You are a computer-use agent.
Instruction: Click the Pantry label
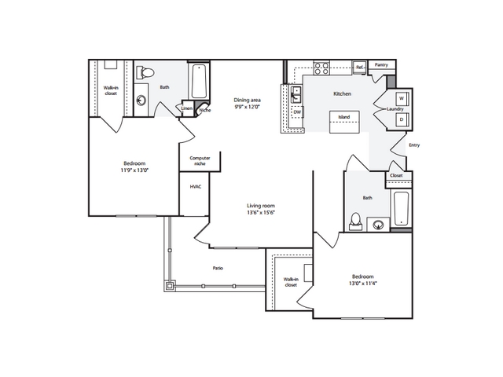381,64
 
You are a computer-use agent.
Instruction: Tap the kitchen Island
344,122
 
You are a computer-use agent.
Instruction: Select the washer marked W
402,99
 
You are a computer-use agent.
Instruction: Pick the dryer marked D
402,120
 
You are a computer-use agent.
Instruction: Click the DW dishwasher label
297,112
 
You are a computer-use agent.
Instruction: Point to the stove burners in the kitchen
321,68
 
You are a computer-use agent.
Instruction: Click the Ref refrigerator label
360,68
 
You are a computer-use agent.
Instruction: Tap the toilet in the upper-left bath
145,72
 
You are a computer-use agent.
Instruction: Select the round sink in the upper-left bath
141,101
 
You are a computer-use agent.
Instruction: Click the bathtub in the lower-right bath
401,209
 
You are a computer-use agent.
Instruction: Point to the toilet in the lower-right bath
355,221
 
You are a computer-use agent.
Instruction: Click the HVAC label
196,187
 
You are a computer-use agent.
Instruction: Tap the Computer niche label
200,160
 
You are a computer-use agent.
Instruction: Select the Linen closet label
187,108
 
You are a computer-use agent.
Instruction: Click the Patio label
218,268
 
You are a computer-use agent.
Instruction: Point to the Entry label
414,145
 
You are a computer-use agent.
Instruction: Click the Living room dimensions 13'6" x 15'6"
261,213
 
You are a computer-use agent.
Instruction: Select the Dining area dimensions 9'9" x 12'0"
247,107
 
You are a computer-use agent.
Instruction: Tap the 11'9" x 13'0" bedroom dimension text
134,170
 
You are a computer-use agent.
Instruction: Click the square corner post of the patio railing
170,286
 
